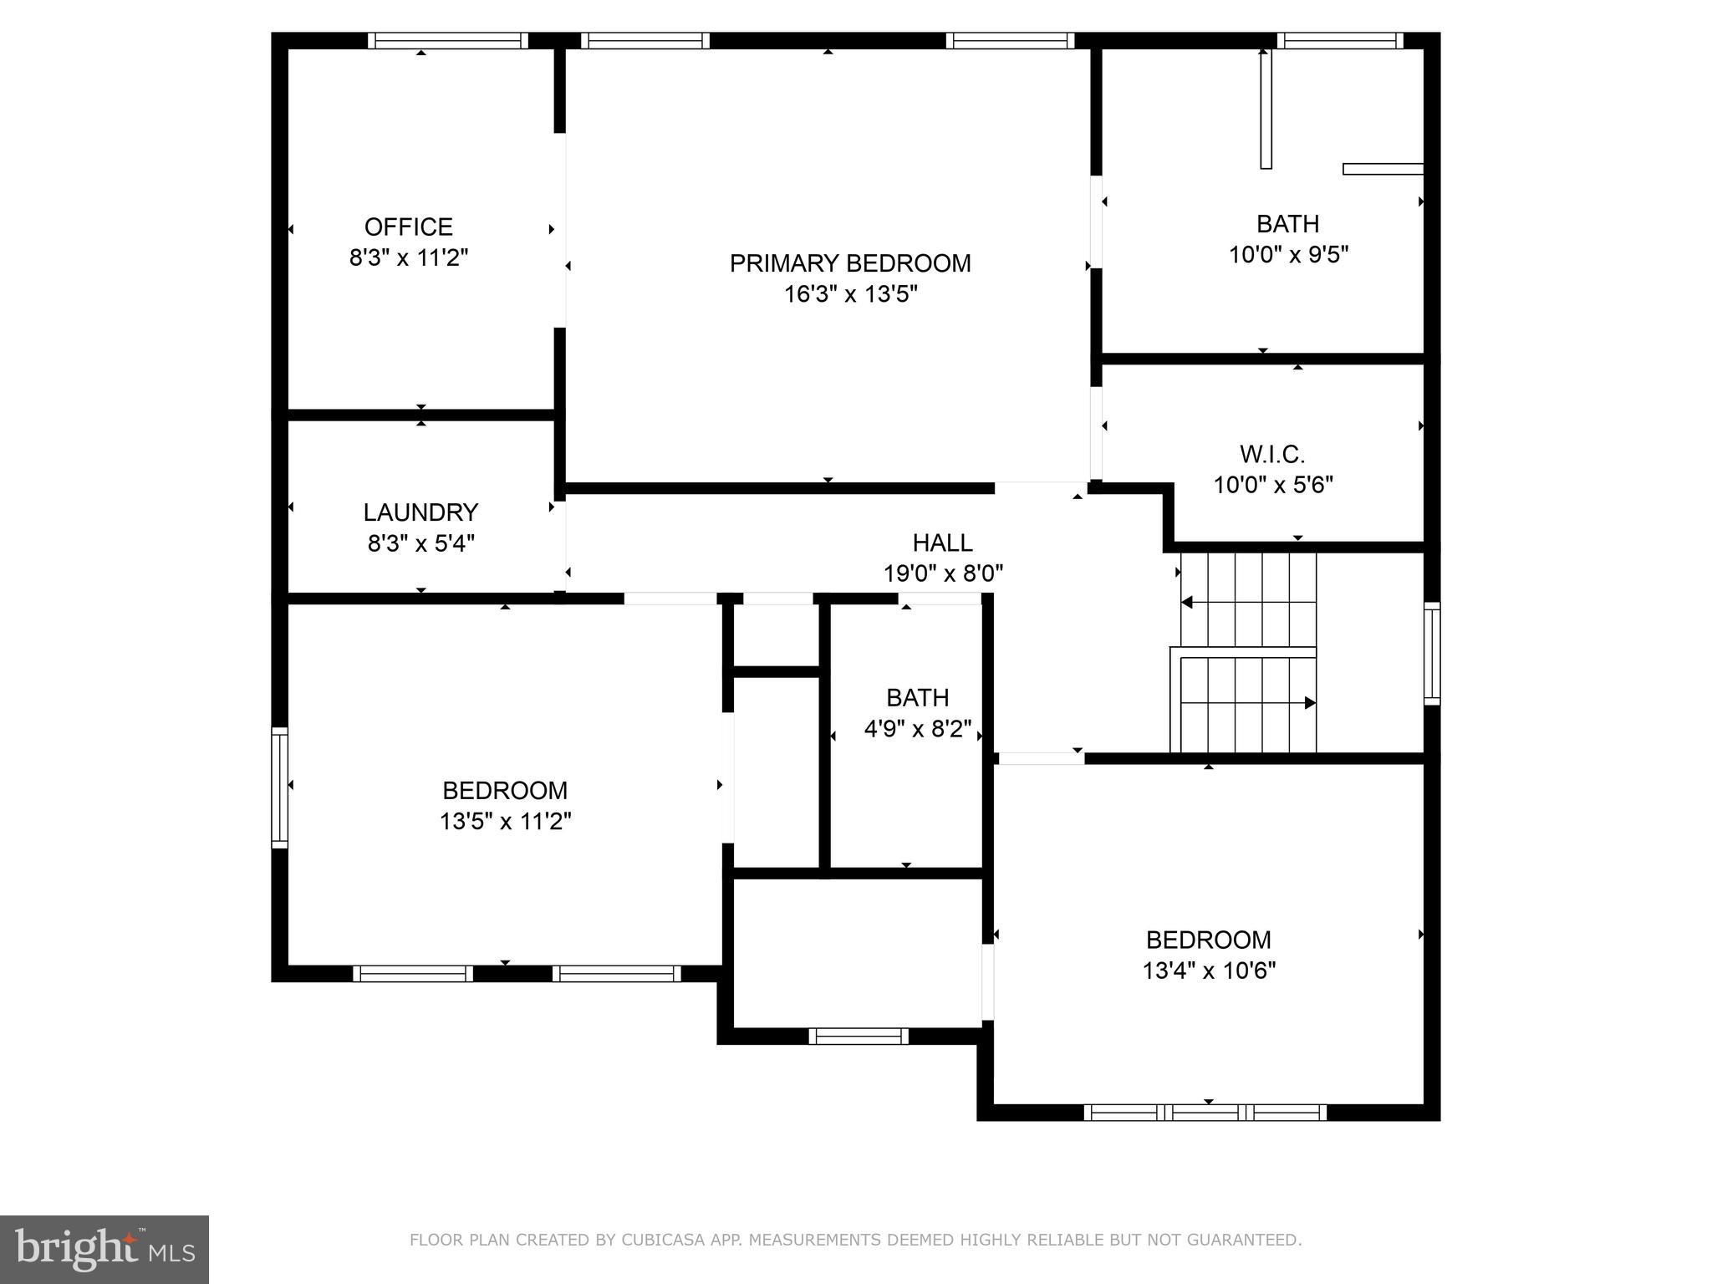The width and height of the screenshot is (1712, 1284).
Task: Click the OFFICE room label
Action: pos(408,227)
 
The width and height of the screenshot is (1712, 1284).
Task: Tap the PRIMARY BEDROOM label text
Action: pos(850,263)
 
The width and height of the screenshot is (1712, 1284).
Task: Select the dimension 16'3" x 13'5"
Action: pos(850,294)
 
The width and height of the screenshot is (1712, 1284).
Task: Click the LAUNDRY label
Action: pos(420,512)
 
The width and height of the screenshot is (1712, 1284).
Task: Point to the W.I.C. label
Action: pos(1271,454)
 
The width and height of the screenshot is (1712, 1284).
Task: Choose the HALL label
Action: pos(942,543)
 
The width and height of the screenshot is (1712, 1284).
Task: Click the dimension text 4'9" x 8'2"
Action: pos(917,729)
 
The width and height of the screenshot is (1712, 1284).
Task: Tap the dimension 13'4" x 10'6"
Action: pos(1208,971)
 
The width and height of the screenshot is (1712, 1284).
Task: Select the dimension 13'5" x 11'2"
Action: pos(505,821)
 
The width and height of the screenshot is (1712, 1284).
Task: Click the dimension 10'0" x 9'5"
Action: pos(1288,254)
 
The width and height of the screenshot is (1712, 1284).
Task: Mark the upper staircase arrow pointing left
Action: pos(1187,602)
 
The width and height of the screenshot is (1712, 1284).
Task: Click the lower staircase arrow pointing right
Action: pos(1310,703)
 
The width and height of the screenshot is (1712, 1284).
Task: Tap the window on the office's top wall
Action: pos(448,40)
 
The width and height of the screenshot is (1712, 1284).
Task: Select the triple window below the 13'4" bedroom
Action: pos(1205,1112)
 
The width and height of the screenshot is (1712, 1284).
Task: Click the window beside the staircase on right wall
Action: pos(1432,653)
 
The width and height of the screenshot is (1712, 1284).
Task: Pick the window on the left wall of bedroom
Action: pos(280,787)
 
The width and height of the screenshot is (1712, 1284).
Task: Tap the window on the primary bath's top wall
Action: pos(1339,40)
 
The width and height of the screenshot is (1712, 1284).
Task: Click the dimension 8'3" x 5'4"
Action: pos(420,543)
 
